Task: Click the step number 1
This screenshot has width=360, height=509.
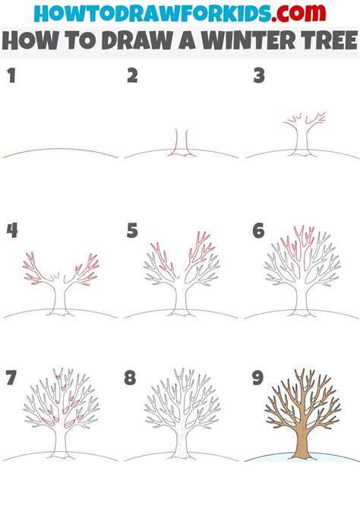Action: (11, 75)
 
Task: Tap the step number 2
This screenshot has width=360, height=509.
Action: (132, 75)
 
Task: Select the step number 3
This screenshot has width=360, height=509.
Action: (259, 75)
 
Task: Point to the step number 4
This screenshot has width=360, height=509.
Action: (12, 230)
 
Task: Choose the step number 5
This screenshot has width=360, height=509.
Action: (132, 230)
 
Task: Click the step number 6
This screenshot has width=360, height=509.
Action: (258, 230)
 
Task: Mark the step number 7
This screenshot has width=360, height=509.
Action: (11, 378)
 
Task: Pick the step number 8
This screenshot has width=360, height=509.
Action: (130, 378)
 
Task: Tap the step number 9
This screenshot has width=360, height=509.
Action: (257, 378)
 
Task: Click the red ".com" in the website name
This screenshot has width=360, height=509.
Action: (299, 13)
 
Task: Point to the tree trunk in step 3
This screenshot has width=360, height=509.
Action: (302, 139)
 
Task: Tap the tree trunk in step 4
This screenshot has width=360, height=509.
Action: (60, 298)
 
